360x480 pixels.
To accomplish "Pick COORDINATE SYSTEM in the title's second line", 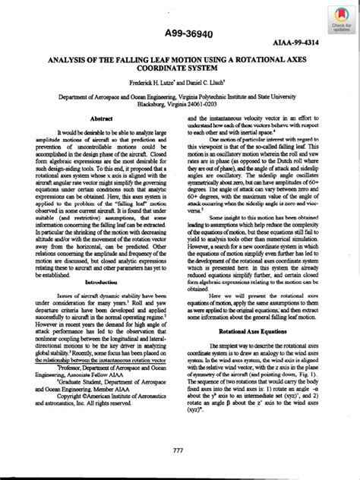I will click(181, 66).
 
